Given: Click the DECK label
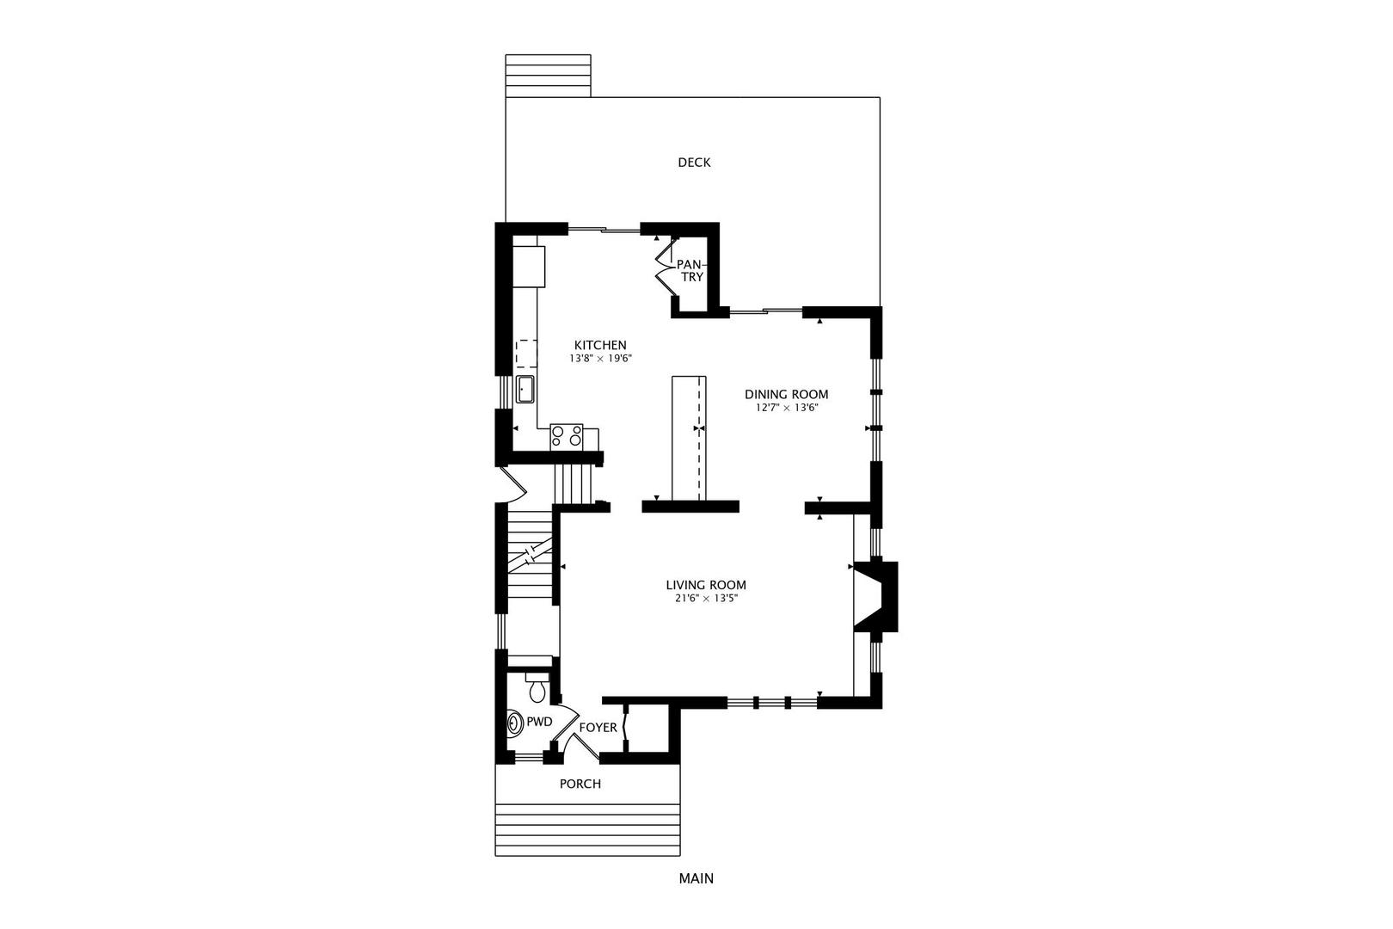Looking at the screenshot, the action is pyautogui.click(x=694, y=163).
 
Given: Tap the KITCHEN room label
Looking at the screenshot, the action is pyautogui.click(x=600, y=345).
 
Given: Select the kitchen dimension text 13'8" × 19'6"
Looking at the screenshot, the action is pyautogui.click(x=600, y=359).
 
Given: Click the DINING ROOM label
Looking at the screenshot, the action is pyautogui.click(x=787, y=394).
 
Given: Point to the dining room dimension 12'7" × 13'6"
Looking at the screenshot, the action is pyautogui.click(x=787, y=409).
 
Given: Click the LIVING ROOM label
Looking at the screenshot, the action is pyautogui.click(x=706, y=585).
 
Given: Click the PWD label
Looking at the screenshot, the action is pyautogui.click(x=539, y=723).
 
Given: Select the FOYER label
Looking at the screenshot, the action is pyautogui.click(x=598, y=728).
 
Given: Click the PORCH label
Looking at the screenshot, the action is pyautogui.click(x=580, y=784).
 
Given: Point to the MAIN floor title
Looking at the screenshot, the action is pyautogui.click(x=696, y=878).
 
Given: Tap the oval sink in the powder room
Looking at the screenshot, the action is pyautogui.click(x=516, y=723).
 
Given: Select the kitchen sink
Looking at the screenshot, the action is pyautogui.click(x=525, y=390).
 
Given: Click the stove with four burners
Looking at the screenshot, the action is pyautogui.click(x=567, y=436).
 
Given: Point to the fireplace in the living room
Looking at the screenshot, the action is pyautogui.click(x=876, y=597).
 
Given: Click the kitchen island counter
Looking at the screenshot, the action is pyautogui.click(x=689, y=438).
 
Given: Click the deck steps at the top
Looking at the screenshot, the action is pyautogui.click(x=548, y=76).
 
